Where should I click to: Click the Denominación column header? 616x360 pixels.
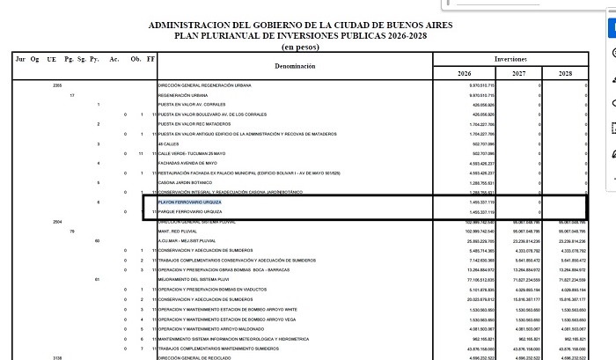(294, 66)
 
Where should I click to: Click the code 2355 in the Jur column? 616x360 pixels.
(57, 85)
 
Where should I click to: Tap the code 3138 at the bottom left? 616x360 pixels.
(57, 356)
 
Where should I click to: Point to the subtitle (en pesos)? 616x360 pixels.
(301, 47)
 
